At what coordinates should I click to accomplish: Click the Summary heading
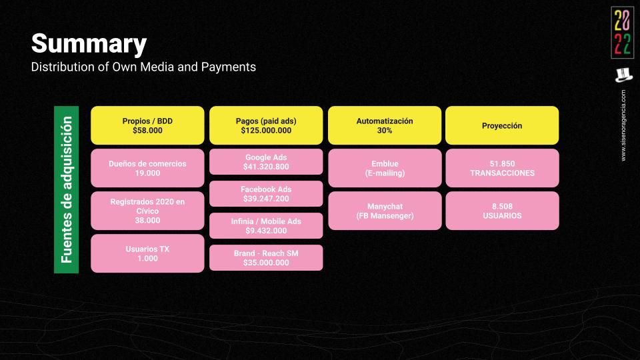pyautogui.click(x=89, y=44)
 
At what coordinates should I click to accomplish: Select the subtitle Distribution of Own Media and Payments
pyautogui.click(x=143, y=67)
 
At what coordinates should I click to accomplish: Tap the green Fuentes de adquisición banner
pyautogui.click(x=66, y=189)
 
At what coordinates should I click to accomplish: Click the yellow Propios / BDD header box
pyautogui.click(x=147, y=125)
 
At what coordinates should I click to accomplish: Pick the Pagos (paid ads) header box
pyautogui.click(x=266, y=125)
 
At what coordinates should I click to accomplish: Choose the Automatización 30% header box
pyautogui.click(x=385, y=125)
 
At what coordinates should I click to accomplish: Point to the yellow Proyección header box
pyautogui.click(x=502, y=125)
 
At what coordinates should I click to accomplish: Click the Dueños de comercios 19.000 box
pyautogui.click(x=147, y=168)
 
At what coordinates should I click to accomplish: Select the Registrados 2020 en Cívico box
pyautogui.click(x=147, y=211)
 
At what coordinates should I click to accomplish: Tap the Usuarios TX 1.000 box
pyautogui.click(x=147, y=253)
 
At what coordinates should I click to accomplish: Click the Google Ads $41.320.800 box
pyautogui.click(x=266, y=161)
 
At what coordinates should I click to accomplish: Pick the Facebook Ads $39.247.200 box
pyautogui.click(x=266, y=194)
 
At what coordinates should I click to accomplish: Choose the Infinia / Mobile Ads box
pyautogui.click(x=266, y=226)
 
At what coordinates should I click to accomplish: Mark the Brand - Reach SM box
pyautogui.click(x=266, y=257)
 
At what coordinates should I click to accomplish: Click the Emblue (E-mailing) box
pyautogui.click(x=385, y=168)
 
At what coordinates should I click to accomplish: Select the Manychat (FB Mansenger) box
pyautogui.click(x=385, y=211)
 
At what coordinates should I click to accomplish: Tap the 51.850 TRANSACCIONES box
pyautogui.click(x=502, y=168)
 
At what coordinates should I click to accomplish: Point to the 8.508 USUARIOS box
pyautogui.click(x=502, y=211)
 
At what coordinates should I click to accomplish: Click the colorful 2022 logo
pyautogui.click(x=623, y=33)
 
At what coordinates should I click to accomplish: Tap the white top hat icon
pyautogui.click(x=624, y=75)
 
